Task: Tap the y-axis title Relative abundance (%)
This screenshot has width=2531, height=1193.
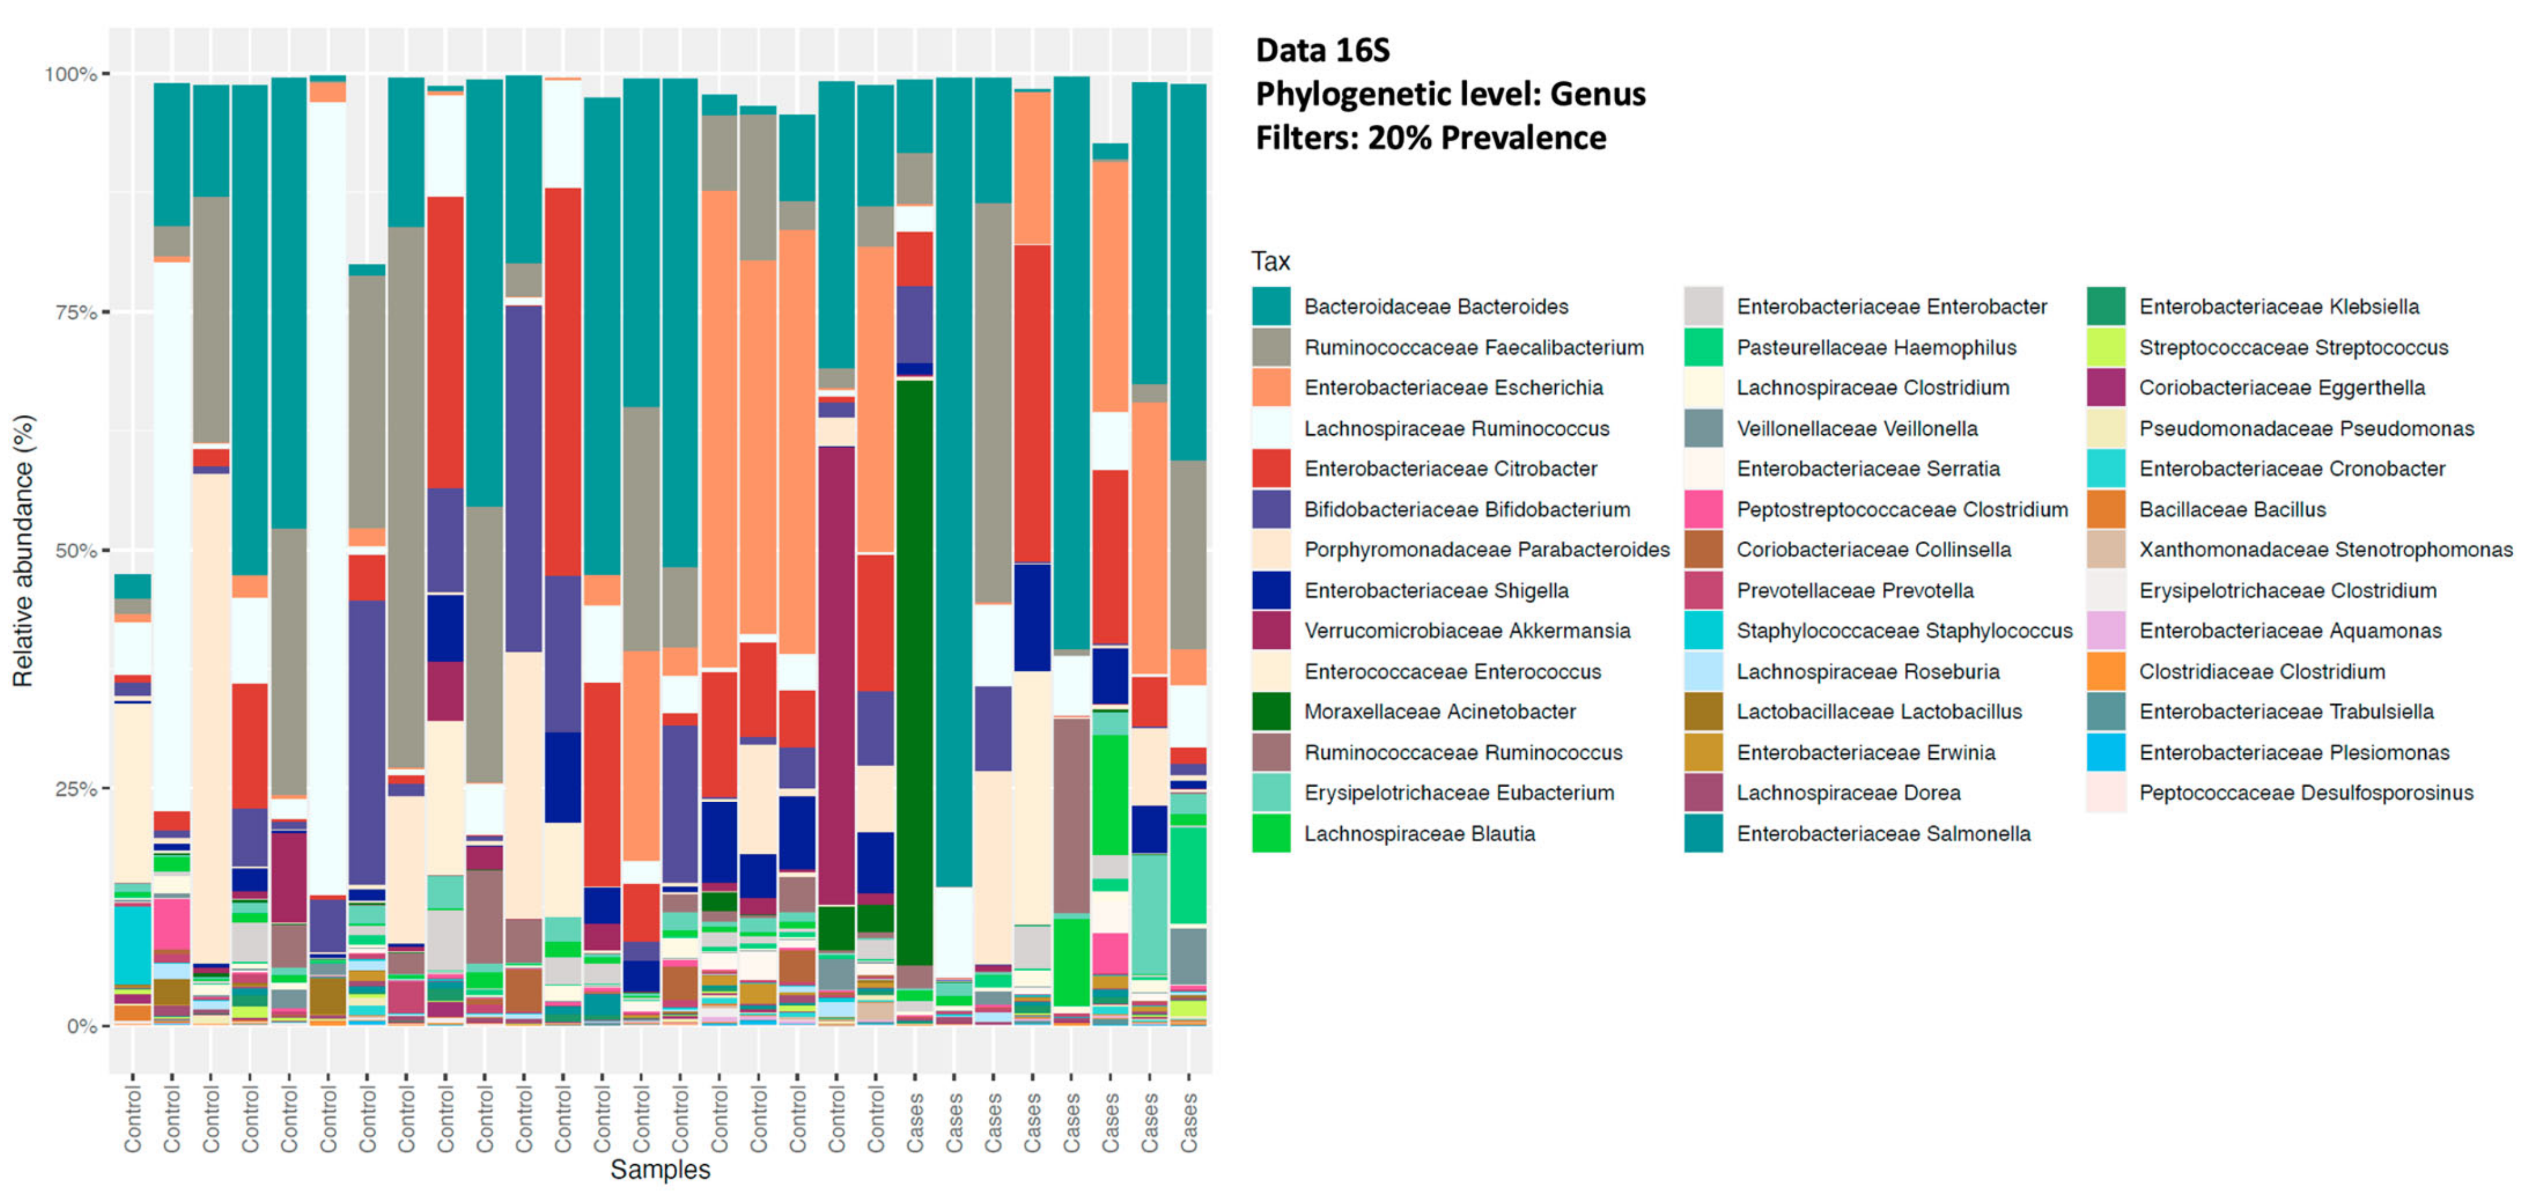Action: click(23, 550)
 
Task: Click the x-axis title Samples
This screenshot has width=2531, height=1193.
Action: click(659, 1170)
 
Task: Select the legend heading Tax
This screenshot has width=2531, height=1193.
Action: click(1270, 261)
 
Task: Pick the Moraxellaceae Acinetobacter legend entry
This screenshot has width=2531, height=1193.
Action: click(1440, 711)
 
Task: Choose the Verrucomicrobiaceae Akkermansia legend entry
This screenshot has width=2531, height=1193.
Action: click(1467, 631)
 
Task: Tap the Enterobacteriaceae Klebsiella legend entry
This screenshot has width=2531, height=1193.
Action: click(2278, 307)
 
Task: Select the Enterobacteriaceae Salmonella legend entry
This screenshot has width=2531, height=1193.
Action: click(1882, 833)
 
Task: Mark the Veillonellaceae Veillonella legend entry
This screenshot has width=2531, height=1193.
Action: click(1857, 429)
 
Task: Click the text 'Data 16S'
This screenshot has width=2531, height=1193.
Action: click(1323, 50)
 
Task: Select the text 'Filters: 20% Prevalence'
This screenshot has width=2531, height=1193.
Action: click(1430, 138)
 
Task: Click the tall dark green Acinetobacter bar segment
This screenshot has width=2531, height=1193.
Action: click(915, 668)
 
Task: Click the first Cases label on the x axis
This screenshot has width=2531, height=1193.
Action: click(915, 1120)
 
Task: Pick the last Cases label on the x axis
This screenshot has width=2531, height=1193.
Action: click(1189, 1120)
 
